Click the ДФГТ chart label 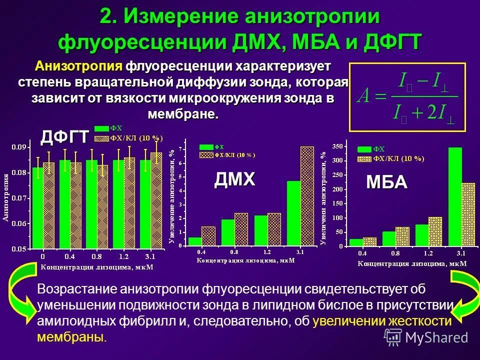pos(64,135)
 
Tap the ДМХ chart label pos(234,178)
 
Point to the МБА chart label pos(386,182)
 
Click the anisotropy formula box pos(407,97)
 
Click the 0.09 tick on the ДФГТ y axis pos(19,147)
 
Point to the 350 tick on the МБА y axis pos(338,146)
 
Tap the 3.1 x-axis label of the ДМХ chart pos(300,252)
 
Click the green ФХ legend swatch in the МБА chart pos(364,149)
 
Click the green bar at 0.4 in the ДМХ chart pos(195,241)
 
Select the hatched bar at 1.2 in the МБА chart pos(435,231)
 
